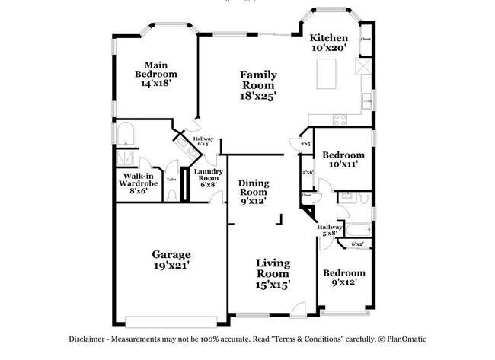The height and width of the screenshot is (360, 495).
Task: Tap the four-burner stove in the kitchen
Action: [339, 119]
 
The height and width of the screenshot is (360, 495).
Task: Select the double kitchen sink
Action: [366, 100]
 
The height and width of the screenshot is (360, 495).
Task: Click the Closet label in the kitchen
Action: [366, 38]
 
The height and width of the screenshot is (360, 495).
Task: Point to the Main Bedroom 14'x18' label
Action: [156, 74]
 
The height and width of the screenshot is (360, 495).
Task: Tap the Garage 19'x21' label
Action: [171, 260]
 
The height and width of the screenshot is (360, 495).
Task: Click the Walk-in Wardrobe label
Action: [137, 183]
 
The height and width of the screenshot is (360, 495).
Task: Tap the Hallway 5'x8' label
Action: [329, 230]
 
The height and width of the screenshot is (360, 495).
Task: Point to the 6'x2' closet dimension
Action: [357, 244]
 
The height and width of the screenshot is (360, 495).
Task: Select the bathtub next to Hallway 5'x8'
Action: [356, 229]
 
